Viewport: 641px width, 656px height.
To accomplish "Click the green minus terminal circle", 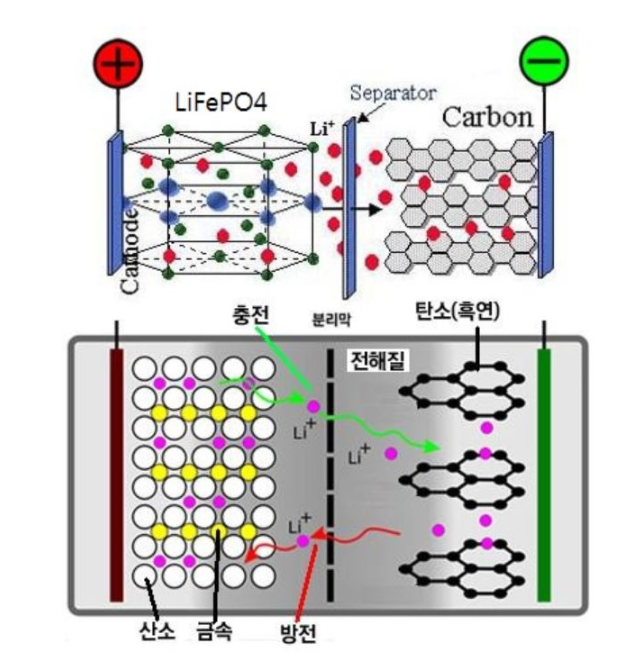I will [544, 62].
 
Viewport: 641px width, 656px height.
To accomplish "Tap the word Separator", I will [393, 93].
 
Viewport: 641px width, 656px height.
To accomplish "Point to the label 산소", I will [158, 630].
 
